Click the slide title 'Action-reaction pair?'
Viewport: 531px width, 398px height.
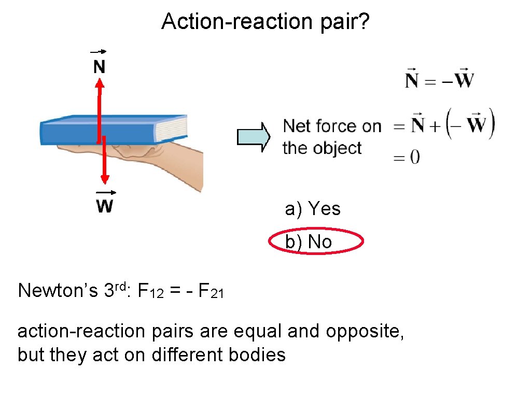click(265, 22)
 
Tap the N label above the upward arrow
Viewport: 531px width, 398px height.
click(99, 66)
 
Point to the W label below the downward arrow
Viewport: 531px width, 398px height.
click(105, 206)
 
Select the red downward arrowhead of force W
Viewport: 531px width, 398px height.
click(105, 179)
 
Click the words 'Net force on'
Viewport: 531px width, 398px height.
click(332, 126)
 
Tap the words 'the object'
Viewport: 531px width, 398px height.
click(322, 148)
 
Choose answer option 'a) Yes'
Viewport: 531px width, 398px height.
click(313, 209)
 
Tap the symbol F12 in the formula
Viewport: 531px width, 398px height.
click(152, 292)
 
